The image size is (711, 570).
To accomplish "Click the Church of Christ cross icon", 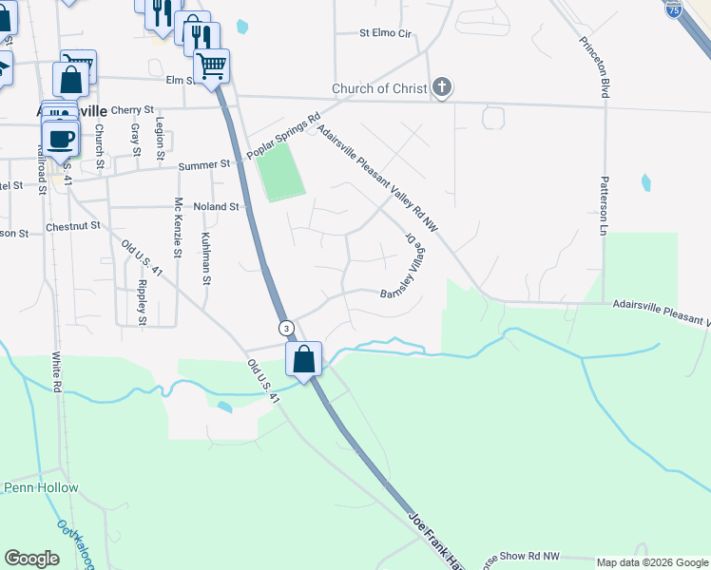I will click(441, 88).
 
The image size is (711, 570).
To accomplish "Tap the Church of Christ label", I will click(378, 89).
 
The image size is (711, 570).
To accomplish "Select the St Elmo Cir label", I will click(385, 33).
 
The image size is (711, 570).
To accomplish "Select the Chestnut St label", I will click(72, 228).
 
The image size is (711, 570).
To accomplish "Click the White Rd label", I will click(56, 373).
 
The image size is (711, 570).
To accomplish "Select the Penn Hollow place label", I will click(41, 487).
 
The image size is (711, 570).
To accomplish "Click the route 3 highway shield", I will click(285, 328).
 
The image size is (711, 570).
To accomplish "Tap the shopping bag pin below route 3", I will click(304, 360).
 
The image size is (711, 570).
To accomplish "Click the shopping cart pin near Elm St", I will click(211, 66).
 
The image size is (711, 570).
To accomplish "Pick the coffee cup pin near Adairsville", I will click(61, 138).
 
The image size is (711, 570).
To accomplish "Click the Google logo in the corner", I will click(31, 559).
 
